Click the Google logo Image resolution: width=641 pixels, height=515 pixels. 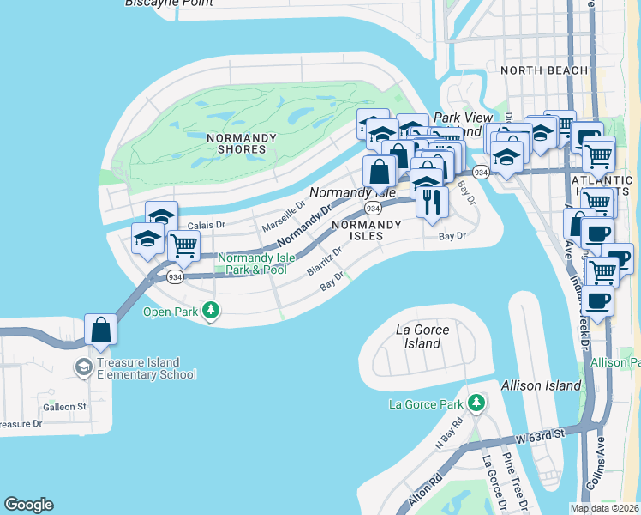click(29, 505)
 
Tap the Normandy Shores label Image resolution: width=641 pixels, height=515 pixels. click(241, 143)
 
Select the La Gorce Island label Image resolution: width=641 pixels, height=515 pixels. click(423, 336)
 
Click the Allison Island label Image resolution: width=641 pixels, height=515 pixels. click(541, 385)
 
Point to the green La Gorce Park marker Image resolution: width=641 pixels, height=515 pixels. click(476, 402)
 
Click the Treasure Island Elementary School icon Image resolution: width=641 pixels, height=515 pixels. click(83, 367)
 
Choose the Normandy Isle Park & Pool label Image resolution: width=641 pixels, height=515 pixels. click(252, 264)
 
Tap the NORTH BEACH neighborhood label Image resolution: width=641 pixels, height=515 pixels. click(544, 70)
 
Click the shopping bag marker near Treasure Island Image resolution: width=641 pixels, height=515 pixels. click(100, 330)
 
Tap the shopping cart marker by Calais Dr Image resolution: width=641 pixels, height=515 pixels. click(183, 246)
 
